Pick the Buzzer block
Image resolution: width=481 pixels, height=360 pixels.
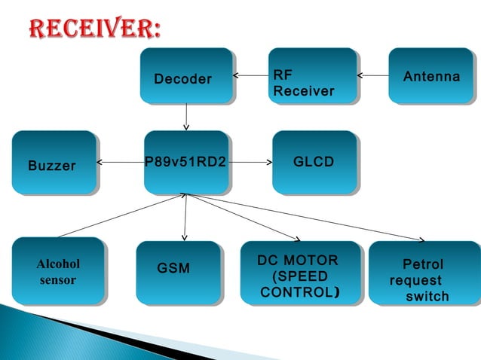[x=54, y=162]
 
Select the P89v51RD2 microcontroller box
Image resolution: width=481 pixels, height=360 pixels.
[x=185, y=161]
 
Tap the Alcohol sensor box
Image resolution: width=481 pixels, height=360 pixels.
[x=58, y=271]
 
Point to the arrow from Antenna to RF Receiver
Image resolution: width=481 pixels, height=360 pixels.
[x=372, y=75]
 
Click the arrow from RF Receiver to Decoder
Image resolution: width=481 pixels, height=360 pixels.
[x=250, y=75]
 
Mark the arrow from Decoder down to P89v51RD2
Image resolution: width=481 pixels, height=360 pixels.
[x=185, y=117]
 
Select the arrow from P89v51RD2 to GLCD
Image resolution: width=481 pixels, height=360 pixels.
[x=250, y=161]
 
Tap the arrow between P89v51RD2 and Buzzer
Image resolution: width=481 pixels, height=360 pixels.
[x=121, y=161]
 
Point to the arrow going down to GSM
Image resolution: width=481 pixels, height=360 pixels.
[x=184, y=218]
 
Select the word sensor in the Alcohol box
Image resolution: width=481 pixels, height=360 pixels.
[x=58, y=280]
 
